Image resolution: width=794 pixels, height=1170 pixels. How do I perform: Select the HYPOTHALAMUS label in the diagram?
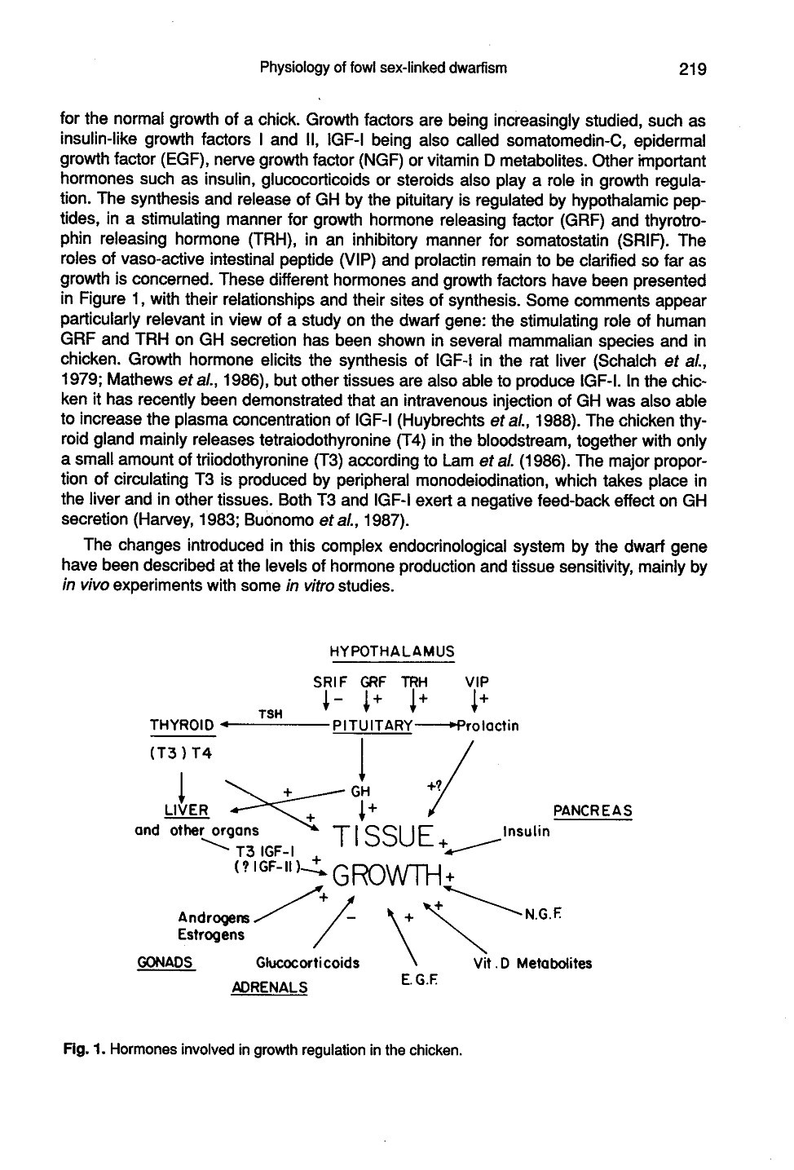(x=391, y=652)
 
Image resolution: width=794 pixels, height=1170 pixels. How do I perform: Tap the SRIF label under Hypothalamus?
(x=330, y=682)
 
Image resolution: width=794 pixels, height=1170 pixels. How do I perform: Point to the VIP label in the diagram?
(x=477, y=682)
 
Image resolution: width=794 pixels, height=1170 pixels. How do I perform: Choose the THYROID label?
(x=182, y=726)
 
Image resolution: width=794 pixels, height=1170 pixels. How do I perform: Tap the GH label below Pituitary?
(x=360, y=791)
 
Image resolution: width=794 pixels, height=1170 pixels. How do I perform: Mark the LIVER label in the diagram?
(x=187, y=810)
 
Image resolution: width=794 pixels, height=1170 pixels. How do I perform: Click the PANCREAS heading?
(x=593, y=810)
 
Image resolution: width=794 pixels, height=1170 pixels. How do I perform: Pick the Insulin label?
(x=526, y=832)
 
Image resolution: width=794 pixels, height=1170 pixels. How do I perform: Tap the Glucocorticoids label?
(x=307, y=962)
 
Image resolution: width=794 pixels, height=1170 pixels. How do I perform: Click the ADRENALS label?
(x=270, y=987)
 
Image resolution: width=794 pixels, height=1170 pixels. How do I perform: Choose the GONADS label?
(x=165, y=962)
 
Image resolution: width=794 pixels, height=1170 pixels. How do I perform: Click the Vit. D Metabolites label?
(x=532, y=963)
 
